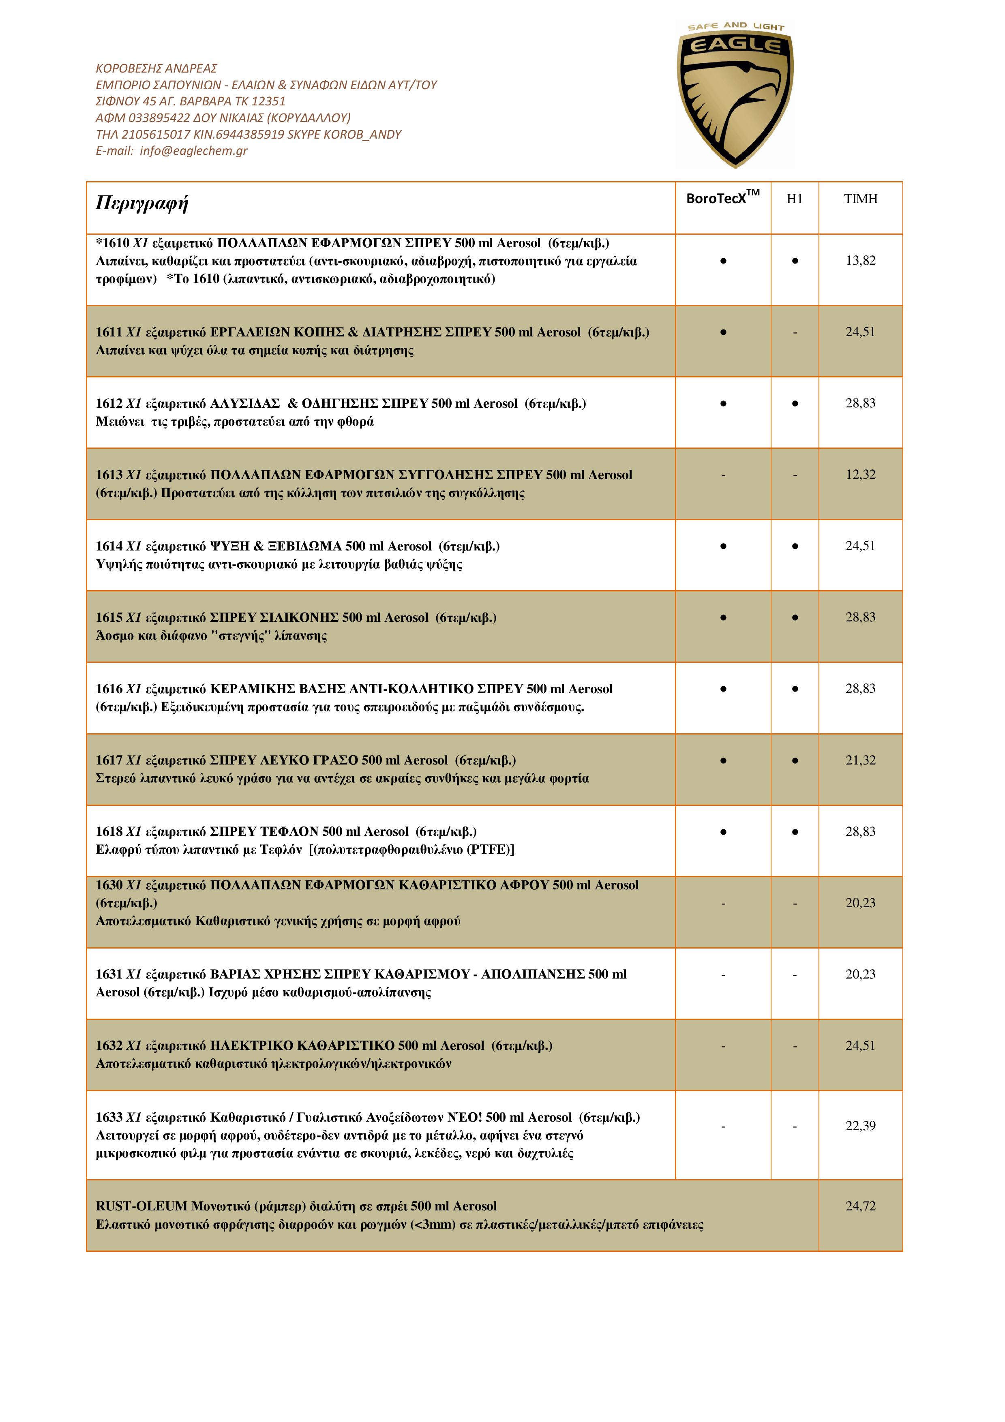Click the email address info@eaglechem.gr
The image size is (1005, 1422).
pyautogui.click(x=193, y=150)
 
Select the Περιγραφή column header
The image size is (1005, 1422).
pyautogui.click(x=142, y=203)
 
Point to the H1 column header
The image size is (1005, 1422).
pyautogui.click(x=795, y=199)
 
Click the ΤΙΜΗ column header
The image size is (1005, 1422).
pyautogui.click(x=860, y=199)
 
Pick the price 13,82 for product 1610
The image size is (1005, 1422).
pyautogui.click(x=860, y=261)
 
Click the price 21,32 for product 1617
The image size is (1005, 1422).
pyautogui.click(x=860, y=760)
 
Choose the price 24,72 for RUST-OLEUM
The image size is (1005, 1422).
pyautogui.click(x=860, y=1206)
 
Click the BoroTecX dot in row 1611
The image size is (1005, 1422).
pyautogui.click(x=722, y=332)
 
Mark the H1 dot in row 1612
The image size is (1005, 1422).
pyautogui.click(x=795, y=404)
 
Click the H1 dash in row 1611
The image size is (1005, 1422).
pyautogui.click(x=795, y=332)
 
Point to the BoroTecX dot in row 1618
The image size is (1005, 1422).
pyautogui.click(x=722, y=832)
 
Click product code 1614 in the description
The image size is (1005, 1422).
pyautogui.click(x=109, y=546)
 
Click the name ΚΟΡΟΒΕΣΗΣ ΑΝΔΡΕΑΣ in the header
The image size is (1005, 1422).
pyautogui.click(x=156, y=68)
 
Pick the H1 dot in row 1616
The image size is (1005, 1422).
pyautogui.click(x=795, y=689)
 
